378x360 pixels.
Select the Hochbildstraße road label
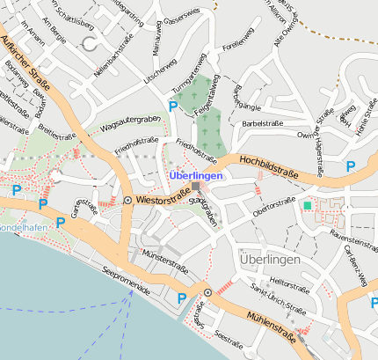click(x=268, y=168)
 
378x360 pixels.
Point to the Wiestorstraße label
click(x=164, y=200)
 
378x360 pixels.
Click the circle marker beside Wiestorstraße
click(x=128, y=201)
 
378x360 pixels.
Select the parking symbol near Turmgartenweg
click(x=173, y=107)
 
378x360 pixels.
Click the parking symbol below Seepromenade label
click(x=182, y=298)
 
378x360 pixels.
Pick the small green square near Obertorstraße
click(x=307, y=205)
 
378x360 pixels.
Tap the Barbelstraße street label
click(x=266, y=123)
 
